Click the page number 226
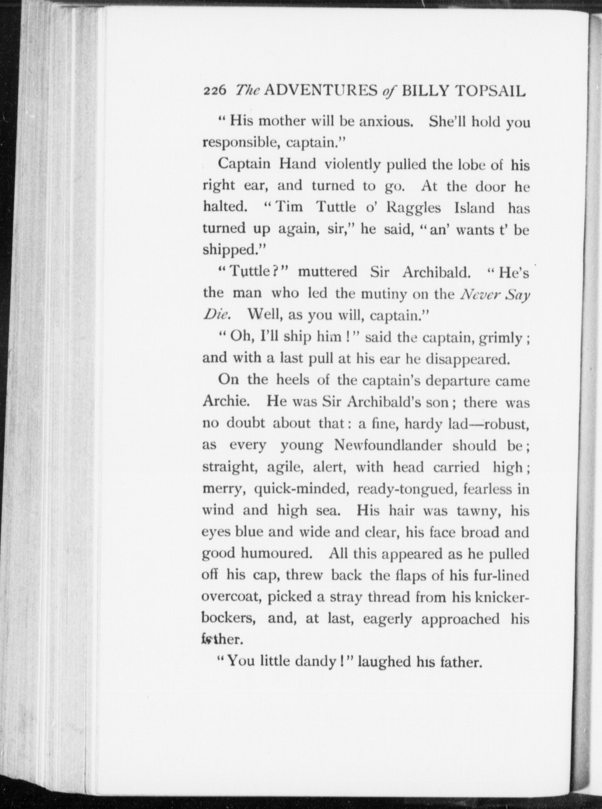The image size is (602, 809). [215, 91]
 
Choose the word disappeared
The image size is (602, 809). [468, 359]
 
